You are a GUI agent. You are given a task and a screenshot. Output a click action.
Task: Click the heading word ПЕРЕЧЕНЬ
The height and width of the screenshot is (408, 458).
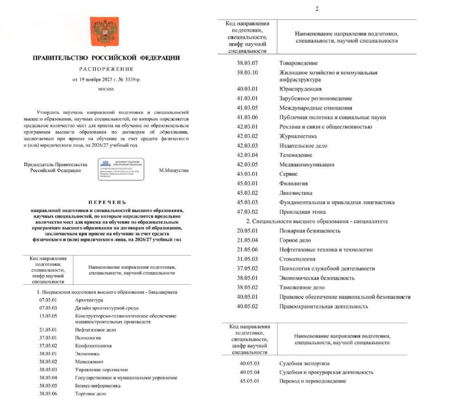(106, 202)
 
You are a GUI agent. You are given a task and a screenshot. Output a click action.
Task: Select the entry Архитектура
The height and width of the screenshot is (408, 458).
(89, 300)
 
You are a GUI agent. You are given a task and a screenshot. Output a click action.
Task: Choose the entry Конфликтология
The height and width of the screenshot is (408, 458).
(93, 346)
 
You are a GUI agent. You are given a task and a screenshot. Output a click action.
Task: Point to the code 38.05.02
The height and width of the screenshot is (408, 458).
(250, 287)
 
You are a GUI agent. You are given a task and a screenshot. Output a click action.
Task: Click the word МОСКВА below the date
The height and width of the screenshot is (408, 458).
(106, 89)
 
